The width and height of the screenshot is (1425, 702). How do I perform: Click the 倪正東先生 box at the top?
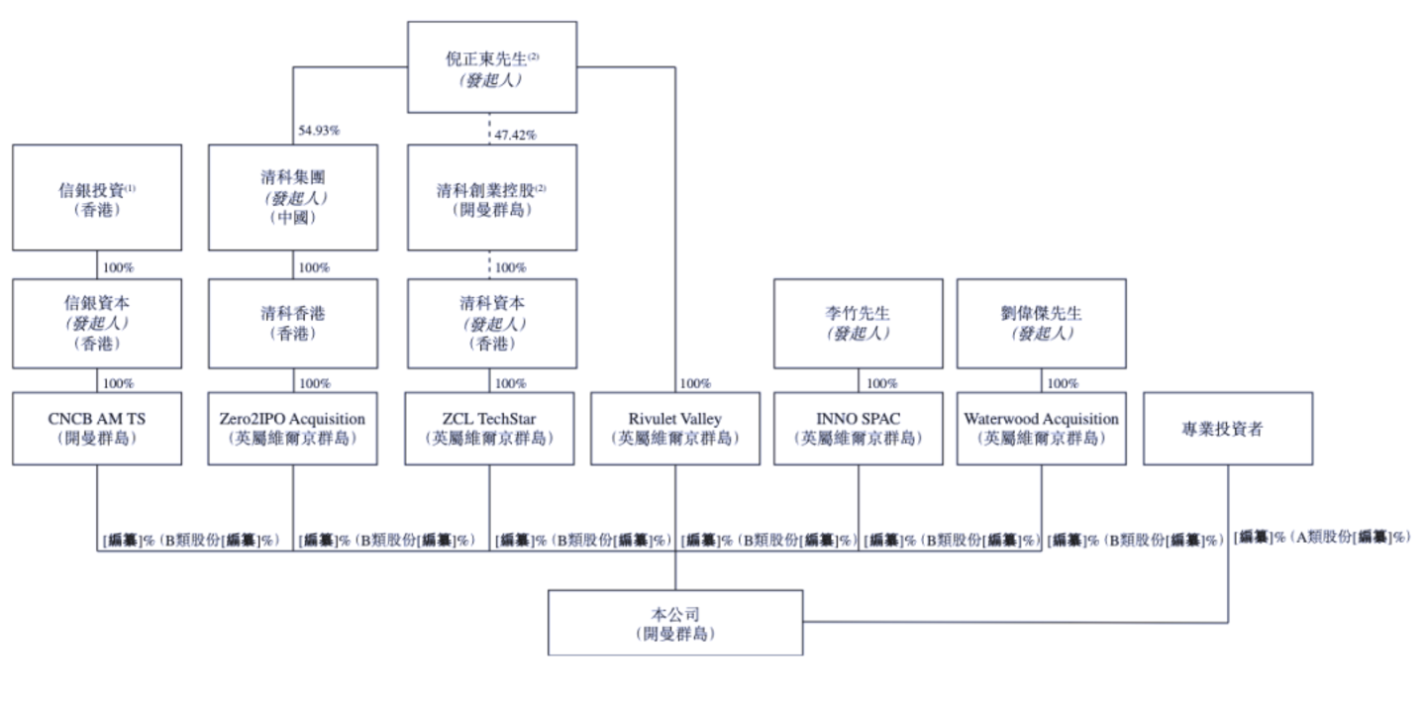click(x=492, y=67)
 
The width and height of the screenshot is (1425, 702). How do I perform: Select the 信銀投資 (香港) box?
click(x=97, y=197)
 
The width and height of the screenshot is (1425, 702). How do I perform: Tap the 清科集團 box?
click(x=292, y=197)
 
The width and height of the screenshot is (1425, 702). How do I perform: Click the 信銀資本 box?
click(x=97, y=321)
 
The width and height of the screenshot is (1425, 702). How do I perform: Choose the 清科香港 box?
click(x=292, y=321)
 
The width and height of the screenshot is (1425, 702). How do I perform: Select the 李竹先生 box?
click(x=858, y=321)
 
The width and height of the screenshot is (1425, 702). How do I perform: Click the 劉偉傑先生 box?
click(x=1041, y=321)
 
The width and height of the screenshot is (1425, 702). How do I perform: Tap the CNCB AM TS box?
click(x=97, y=428)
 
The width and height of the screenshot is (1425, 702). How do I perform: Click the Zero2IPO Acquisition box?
click(x=292, y=428)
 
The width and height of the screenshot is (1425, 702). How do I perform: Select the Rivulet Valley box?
click(x=675, y=428)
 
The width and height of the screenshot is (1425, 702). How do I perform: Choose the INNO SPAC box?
click(x=858, y=428)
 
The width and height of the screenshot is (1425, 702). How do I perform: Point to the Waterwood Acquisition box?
click(x=1041, y=428)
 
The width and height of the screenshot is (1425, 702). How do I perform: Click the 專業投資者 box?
click(x=1228, y=428)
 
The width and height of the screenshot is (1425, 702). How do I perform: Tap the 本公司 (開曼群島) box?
click(x=675, y=623)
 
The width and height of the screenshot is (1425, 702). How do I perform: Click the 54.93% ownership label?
click(x=319, y=132)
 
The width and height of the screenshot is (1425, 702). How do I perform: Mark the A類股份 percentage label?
click(x=1321, y=536)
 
